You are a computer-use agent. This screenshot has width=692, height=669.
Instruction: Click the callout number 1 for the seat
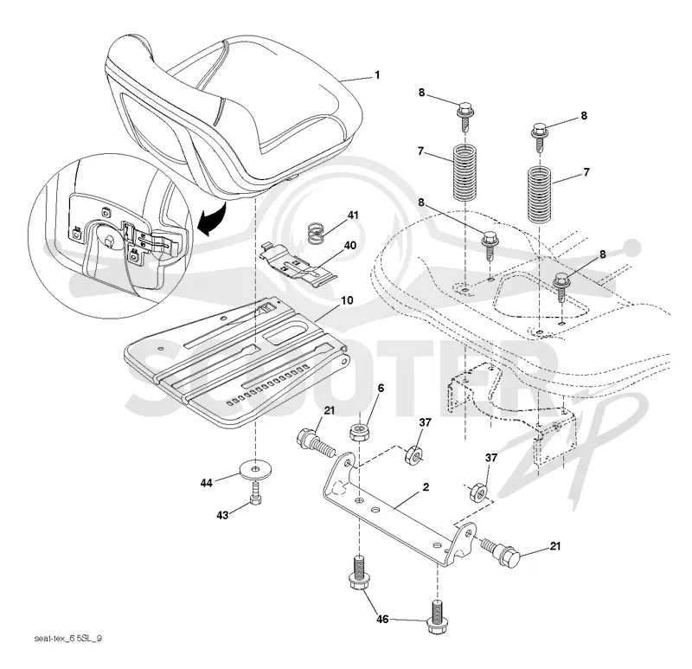(x=377, y=75)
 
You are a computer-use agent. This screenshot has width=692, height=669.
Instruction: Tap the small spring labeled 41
(x=316, y=233)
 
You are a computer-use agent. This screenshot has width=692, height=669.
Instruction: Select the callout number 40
(x=350, y=246)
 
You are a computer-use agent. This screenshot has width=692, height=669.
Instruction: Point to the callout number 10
(x=348, y=300)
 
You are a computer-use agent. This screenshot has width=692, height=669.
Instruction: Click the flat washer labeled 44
(x=255, y=468)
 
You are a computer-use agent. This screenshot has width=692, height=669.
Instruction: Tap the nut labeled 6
(x=359, y=431)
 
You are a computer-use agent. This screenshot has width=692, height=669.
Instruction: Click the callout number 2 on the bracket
(x=426, y=487)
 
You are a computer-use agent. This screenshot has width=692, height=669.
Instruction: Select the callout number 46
(x=382, y=620)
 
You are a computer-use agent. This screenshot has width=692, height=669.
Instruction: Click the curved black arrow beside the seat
(x=213, y=217)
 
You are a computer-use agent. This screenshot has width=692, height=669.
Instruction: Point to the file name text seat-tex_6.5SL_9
(x=68, y=639)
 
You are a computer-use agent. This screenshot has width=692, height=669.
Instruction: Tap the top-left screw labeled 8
(x=465, y=116)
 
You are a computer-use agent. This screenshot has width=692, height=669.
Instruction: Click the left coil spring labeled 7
(x=465, y=172)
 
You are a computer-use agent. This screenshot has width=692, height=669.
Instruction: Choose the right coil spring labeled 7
(x=540, y=194)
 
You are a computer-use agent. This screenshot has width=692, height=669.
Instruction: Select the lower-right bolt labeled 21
(x=502, y=550)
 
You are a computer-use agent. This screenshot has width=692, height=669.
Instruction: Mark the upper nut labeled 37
(x=413, y=454)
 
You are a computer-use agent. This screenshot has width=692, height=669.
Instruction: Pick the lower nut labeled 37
(x=478, y=491)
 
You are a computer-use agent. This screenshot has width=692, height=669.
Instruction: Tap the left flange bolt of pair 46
(x=359, y=574)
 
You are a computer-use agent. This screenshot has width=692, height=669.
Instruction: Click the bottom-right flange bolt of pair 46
(x=437, y=617)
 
